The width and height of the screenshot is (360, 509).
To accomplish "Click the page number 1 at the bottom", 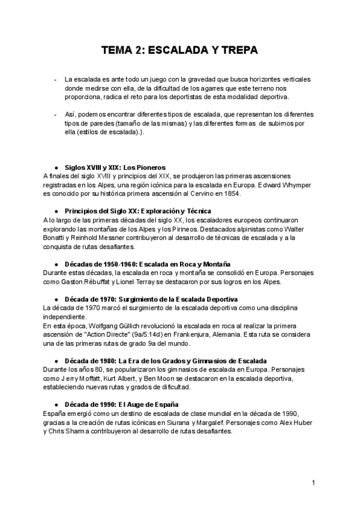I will coord(313,483).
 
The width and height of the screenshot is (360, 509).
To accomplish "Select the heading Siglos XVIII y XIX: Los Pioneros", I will coord(114,167).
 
